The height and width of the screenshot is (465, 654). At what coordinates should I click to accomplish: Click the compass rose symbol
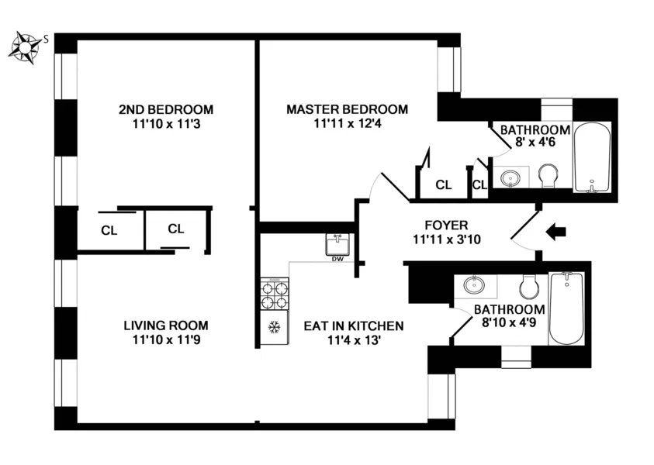[26, 47]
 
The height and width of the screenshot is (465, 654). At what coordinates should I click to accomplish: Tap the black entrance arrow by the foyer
[556, 231]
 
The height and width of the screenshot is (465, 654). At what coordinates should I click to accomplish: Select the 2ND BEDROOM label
[165, 109]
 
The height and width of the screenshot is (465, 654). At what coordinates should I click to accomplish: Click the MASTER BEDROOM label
[347, 109]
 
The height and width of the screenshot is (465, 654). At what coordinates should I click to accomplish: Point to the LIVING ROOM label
[166, 325]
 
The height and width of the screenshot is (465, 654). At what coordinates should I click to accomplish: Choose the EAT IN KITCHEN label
[353, 325]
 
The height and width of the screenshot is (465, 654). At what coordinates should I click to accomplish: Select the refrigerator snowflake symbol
[273, 328]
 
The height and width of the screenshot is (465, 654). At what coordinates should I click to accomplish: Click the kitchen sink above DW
[337, 245]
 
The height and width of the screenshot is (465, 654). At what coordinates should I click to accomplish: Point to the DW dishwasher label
[337, 260]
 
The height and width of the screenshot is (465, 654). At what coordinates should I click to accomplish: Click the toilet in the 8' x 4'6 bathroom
[548, 175]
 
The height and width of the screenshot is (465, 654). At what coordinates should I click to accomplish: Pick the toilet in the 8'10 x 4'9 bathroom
[531, 288]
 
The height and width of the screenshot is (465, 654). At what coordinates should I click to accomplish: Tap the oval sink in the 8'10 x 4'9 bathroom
[474, 286]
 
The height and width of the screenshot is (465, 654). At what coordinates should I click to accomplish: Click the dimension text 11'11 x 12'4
[347, 123]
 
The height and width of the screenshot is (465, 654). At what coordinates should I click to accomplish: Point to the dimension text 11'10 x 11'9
[166, 339]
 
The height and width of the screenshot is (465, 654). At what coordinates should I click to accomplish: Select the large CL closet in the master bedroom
[443, 184]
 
